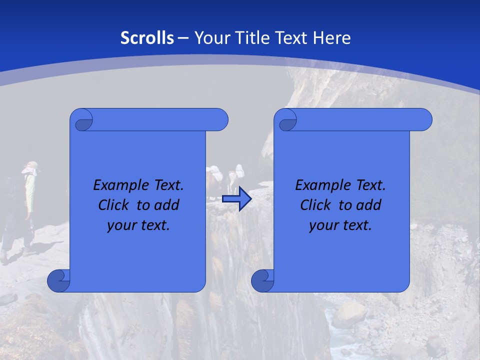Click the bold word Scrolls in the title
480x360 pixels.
pyautogui.click(x=147, y=37)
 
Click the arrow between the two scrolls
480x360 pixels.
pyautogui.click(x=236, y=199)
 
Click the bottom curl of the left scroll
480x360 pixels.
pyautogui.click(x=58, y=280)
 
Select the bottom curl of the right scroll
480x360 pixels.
pyautogui.click(x=262, y=280)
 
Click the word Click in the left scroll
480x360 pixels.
pyautogui.click(x=113, y=205)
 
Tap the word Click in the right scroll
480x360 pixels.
pyautogui.click(x=315, y=205)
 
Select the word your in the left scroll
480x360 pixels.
pyautogui.click(x=120, y=225)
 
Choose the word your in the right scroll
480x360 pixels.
pyautogui.click(x=322, y=225)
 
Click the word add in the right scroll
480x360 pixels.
pyautogui.click(x=369, y=205)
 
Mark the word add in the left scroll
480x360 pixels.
pyautogui.click(x=167, y=205)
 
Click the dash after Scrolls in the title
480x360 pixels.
pyautogui.click(x=183, y=38)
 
